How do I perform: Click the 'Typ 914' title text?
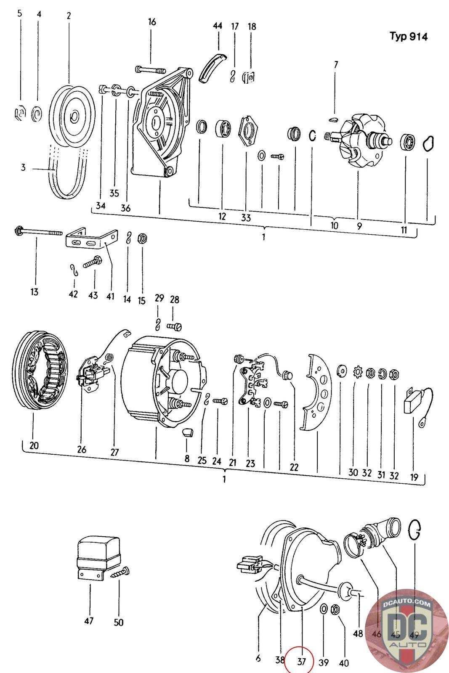pos(409,36)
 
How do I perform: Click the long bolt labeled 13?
pos(39,232)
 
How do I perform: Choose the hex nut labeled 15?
pos(142,238)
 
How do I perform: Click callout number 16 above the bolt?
pos(152,22)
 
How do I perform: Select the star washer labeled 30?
pos(358,371)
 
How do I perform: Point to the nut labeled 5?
pos(20,114)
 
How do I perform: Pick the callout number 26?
pos(82,450)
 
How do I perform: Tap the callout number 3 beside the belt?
pos(23,167)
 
